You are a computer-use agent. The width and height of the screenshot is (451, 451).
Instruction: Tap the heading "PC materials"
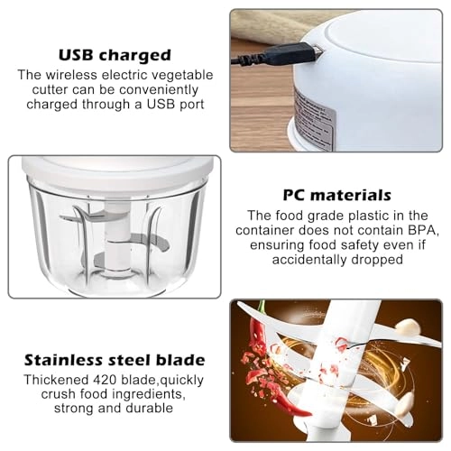pyautogui.click(x=338, y=195)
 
